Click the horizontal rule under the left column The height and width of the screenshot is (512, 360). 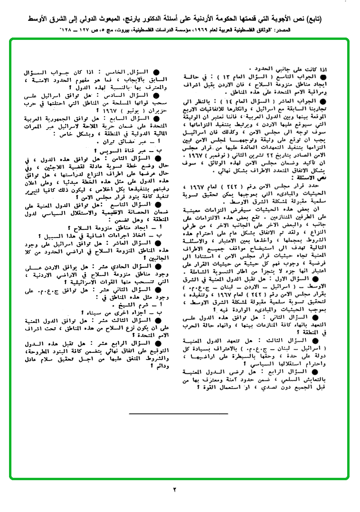(178, 414)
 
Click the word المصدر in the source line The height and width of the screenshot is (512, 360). (310, 30)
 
